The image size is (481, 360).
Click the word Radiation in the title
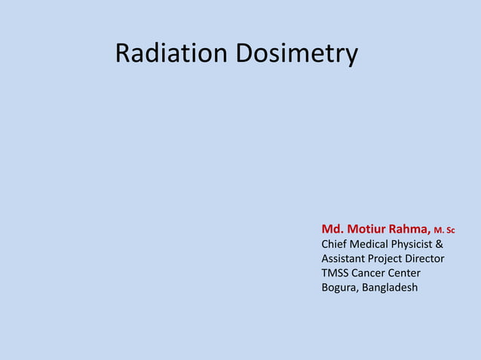172,53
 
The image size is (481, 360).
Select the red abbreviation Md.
332,229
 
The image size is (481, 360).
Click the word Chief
335,244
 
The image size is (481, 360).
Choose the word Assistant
345,258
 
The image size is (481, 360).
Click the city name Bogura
339,288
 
